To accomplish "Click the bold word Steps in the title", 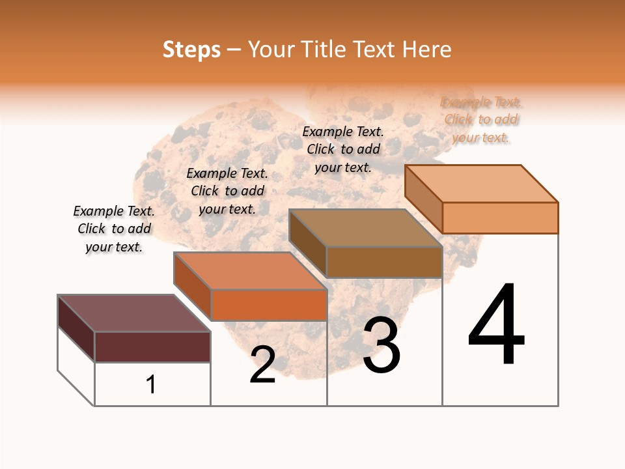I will [191, 50].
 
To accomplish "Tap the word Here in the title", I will [426, 50].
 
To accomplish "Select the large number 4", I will [496, 326].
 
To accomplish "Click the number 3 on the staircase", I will [382, 346].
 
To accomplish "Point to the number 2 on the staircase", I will [262, 365].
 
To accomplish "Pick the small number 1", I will [151, 384].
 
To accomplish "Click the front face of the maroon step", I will [152, 347].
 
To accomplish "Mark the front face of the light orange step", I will [500, 218].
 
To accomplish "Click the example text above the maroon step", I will [114, 229].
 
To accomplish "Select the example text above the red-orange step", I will [227, 191].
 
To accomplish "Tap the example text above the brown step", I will [343, 149].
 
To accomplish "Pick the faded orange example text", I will [481, 120].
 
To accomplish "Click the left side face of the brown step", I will [307, 243].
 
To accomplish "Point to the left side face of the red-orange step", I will [192, 286].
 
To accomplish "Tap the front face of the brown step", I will [384, 262].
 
